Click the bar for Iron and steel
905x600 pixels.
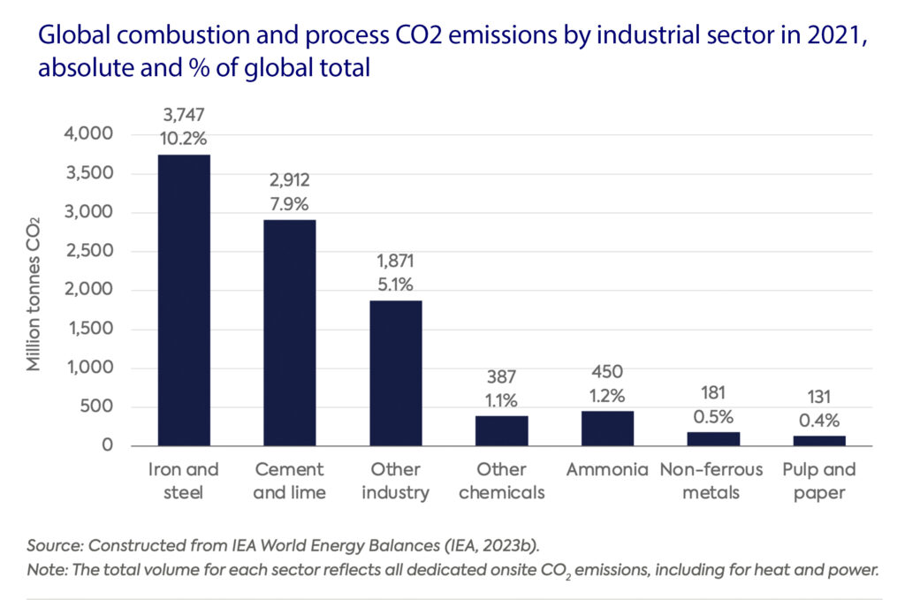(184, 300)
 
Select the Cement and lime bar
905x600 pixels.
(289, 332)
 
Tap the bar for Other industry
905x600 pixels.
(395, 373)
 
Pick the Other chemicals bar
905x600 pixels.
(501, 430)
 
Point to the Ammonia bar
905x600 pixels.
(607, 428)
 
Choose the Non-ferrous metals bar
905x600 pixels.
(713, 438)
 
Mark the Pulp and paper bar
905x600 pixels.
(819, 440)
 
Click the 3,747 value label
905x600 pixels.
(184, 116)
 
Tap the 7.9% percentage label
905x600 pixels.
(289, 203)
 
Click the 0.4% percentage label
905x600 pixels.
(819, 420)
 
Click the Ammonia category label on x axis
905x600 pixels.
(607, 469)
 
